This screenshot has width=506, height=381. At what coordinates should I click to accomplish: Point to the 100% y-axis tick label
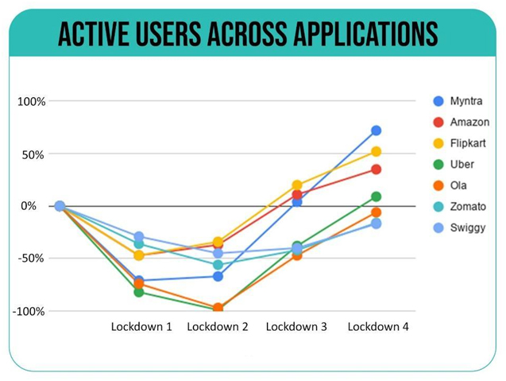[x=33, y=102]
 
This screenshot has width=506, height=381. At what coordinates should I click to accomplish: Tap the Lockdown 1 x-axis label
[x=141, y=327]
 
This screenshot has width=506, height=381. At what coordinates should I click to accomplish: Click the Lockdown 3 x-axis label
[x=296, y=327]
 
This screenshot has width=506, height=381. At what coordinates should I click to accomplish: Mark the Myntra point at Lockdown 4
[x=376, y=130]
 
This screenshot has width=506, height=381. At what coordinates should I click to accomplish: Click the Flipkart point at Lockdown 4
[x=376, y=151]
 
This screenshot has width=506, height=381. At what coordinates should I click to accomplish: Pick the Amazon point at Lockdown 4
[x=376, y=169]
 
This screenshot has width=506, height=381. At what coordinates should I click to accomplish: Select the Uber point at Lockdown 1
[x=139, y=292]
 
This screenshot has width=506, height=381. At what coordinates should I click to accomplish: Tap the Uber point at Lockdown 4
[x=376, y=196]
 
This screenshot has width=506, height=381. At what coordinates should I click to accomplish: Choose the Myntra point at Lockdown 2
[x=218, y=276]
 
